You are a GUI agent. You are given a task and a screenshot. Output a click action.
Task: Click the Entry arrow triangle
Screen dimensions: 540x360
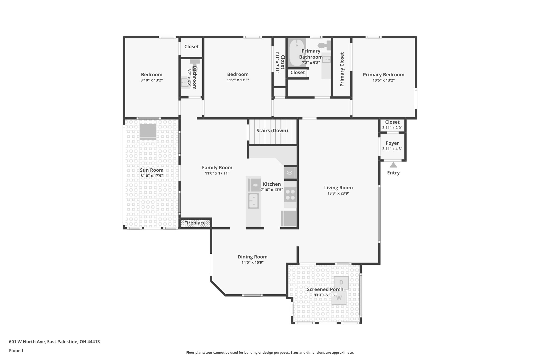(393, 165)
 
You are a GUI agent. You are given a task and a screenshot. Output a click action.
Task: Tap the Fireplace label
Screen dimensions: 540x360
(195, 223)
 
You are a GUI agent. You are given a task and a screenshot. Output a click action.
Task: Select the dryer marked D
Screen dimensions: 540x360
(341, 283)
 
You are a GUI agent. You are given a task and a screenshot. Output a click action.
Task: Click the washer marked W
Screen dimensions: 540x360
(339, 298)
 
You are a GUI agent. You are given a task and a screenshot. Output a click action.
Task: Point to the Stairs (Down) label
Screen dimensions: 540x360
(272, 131)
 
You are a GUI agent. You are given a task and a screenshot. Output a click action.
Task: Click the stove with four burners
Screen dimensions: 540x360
(290, 195)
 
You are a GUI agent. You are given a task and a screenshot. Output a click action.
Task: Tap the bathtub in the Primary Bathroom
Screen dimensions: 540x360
(297, 53)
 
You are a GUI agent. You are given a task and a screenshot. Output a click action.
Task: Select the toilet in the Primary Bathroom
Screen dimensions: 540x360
(325, 45)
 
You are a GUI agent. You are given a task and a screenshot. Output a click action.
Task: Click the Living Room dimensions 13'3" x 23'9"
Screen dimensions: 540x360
(339, 193)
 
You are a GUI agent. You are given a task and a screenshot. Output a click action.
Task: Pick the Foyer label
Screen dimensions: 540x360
(392, 143)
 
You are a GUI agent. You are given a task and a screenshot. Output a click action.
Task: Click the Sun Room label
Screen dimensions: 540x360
(152, 170)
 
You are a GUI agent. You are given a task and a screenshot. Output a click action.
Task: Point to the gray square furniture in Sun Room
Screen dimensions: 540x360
(148, 132)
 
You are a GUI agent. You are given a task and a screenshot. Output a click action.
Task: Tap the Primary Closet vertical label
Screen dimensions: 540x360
(342, 69)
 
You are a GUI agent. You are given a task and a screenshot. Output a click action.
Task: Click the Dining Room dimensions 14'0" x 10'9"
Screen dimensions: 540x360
(253, 262)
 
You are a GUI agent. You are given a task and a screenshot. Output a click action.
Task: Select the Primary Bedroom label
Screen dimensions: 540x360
(384, 75)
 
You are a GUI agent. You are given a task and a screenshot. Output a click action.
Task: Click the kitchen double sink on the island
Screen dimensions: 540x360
(253, 201)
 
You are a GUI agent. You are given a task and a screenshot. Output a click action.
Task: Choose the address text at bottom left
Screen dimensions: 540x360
(54, 342)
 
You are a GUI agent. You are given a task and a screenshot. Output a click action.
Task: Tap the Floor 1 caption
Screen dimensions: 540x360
(16, 351)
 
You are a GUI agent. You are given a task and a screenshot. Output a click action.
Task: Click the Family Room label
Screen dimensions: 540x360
(217, 167)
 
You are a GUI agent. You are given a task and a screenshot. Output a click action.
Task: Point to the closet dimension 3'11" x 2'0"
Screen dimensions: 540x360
(392, 128)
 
